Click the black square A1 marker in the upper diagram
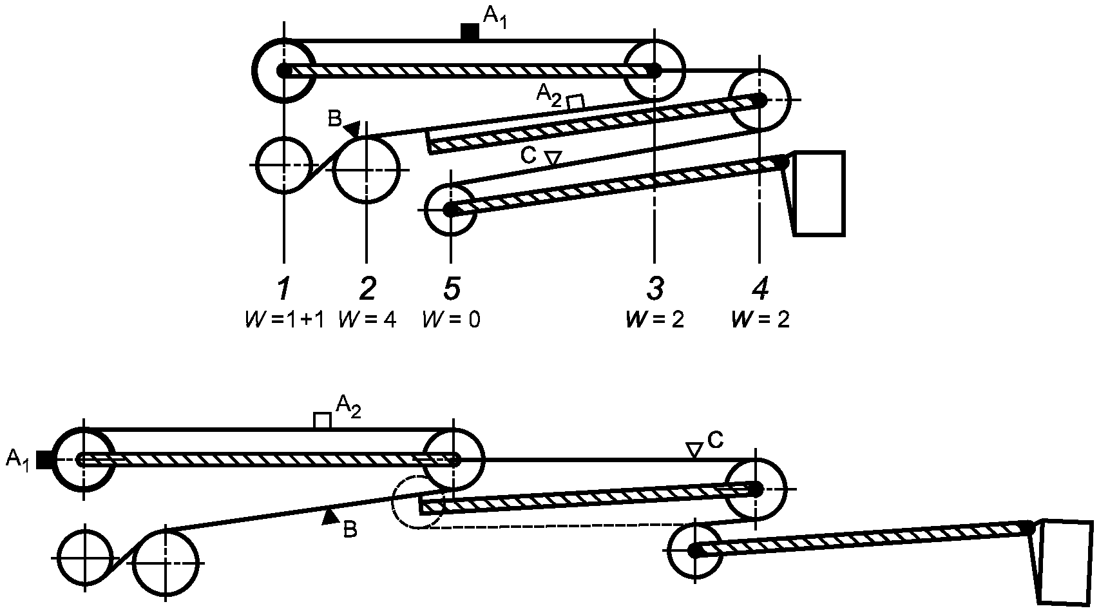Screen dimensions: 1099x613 [470, 32]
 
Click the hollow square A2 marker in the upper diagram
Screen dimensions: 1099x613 [575, 102]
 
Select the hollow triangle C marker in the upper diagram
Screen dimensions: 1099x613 [554, 157]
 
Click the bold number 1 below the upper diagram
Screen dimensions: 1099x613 [283, 288]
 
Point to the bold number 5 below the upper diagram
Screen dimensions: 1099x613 [452, 288]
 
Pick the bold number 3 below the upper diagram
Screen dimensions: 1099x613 [655, 288]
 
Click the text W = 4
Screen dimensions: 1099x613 [367, 320]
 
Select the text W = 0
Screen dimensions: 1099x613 [452, 320]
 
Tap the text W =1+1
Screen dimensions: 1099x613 [285, 320]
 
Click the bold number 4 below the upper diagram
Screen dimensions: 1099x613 [760, 288]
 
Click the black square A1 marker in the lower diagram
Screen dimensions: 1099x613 [44, 460]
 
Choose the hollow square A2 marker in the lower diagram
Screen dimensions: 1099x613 [322, 421]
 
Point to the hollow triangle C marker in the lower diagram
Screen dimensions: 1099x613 [694, 450]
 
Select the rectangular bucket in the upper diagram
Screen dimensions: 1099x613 [819, 193]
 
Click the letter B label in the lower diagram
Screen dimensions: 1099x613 [350, 530]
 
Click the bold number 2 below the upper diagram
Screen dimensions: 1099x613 [367, 288]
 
